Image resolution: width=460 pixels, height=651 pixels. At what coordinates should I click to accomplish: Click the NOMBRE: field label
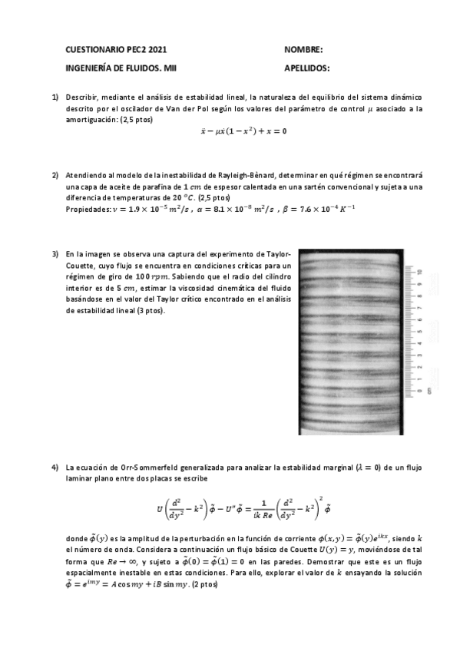click(x=303, y=49)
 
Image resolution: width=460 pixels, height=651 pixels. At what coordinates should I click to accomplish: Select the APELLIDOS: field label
click(x=306, y=68)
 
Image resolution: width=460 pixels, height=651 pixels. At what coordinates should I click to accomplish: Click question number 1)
click(x=55, y=98)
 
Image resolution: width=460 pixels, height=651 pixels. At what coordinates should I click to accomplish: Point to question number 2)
click(x=55, y=176)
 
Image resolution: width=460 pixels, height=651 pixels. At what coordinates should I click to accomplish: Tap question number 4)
click(x=55, y=467)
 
